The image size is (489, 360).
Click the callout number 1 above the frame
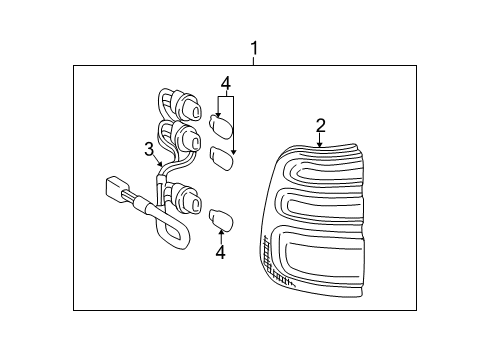pyautogui.click(x=254, y=49)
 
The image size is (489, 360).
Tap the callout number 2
pyautogui.click(x=320, y=126)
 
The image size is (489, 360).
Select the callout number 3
pyautogui.click(x=149, y=149)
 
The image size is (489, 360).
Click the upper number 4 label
pyautogui.click(x=226, y=83)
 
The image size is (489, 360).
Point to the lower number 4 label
pyautogui.click(x=220, y=252)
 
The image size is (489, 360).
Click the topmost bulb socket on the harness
pyautogui.click(x=187, y=106)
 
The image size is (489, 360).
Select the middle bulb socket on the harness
pyautogui.click(x=187, y=138)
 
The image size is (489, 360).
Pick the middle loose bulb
pyautogui.click(x=222, y=159)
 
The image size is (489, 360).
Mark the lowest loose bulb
pyautogui.click(x=221, y=219)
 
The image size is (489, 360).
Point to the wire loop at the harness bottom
pyautogui.click(x=172, y=234)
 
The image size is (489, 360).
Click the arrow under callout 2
pyautogui.click(x=320, y=140)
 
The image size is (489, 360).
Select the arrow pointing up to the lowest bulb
pyautogui.click(x=221, y=236)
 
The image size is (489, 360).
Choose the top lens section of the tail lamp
pyautogui.click(x=323, y=167)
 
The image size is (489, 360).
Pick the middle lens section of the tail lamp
pyautogui.click(x=320, y=206)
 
